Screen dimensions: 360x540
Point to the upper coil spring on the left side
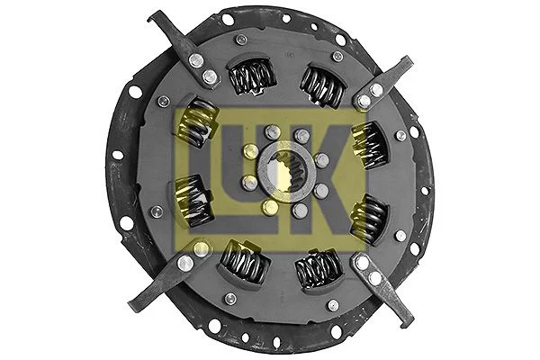200,123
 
